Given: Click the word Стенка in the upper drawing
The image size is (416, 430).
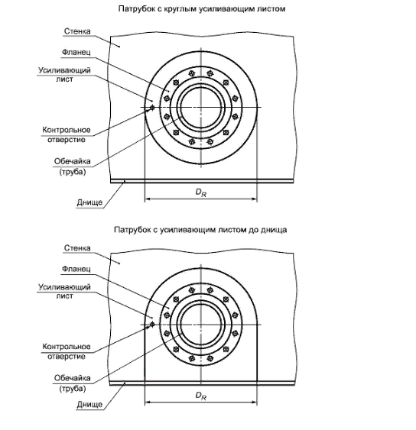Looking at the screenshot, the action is [x=77, y=31].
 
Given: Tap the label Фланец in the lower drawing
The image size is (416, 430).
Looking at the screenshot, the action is [x=76, y=269].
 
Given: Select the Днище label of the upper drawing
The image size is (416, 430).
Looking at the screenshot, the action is [x=89, y=202].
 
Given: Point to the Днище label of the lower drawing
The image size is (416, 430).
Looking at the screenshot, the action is [x=89, y=404].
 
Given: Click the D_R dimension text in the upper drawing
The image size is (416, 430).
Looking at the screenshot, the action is [x=200, y=192].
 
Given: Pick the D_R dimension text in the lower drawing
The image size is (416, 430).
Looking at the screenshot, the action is [x=200, y=396].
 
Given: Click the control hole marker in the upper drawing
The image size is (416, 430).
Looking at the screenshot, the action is [x=152, y=107].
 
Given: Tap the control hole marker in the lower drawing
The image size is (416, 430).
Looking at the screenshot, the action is [x=152, y=325].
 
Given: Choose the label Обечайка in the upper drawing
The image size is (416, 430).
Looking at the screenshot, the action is [x=72, y=161].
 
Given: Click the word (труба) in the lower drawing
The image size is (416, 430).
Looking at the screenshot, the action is [x=73, y=389].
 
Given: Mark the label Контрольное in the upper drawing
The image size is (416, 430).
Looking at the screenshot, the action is [x=67, y=130].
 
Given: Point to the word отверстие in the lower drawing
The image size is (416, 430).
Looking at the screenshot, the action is [x=67, y=357].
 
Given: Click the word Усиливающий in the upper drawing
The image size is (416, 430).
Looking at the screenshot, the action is [x=64, y=70].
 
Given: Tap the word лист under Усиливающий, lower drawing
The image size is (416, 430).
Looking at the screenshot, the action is [x=64, y=296].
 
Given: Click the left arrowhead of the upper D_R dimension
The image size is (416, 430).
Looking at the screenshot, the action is [x=148, y=199].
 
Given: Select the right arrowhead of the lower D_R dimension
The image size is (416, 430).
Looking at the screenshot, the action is [x=255, y=403].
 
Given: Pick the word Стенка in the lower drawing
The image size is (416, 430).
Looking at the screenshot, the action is [x=77, y=248].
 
